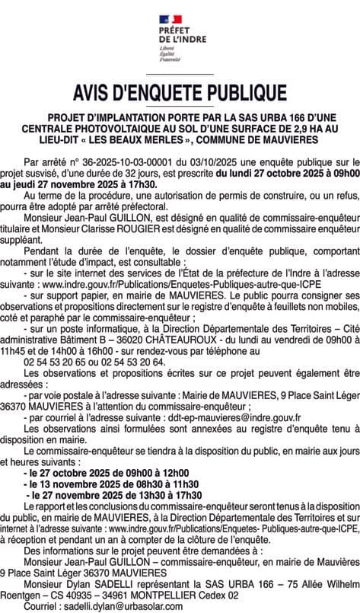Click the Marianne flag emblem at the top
pos(180,19)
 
